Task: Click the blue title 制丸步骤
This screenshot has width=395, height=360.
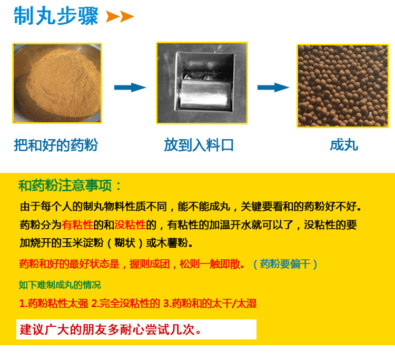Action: click(x=56, y=16)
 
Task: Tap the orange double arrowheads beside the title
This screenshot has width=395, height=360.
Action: click(x=120, y=17)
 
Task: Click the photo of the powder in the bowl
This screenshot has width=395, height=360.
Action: click(x=57, y=83)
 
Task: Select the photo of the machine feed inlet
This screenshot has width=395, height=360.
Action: click(x=202, y=83)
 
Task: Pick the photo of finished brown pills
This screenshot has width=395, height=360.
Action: click(x=343, y=86)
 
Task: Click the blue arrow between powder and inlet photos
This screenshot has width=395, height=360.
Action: click(x=130, y=87)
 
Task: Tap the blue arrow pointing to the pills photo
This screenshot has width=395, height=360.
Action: click(x=273, y=87)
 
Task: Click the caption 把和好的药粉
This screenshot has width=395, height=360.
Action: click(x=56, y=145)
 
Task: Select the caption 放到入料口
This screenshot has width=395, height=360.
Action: click(x=199, y=145)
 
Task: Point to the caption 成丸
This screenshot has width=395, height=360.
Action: click(x=344, y=145)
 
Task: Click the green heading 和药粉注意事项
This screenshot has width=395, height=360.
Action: click(x=70, y=186)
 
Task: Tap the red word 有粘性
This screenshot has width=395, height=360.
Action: click(x=77, y=225)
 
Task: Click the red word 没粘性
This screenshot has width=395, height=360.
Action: click(x=130, y=225)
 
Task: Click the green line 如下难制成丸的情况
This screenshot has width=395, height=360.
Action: click(x=60, y=285)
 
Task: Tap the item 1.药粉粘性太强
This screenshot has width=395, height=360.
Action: click(x=54, y=303)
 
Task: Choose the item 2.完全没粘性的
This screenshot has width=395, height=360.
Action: click(x=126, y=303)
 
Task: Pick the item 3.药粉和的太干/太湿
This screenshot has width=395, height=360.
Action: click(x=210, y=303)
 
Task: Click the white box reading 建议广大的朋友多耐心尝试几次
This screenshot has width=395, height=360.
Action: click(x=136, y=329)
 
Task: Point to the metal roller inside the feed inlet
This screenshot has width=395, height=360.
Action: click(x=206, y=93)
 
